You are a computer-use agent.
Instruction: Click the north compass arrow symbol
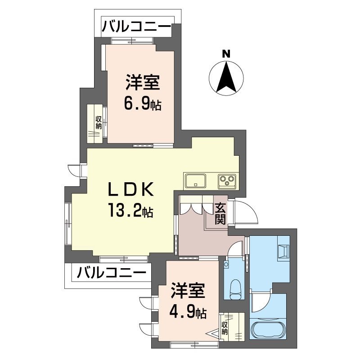click(x=226, y=77)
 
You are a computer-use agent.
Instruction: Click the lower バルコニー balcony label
click(x=111, y=272)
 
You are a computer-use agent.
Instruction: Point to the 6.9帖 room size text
click(x=143, y=105)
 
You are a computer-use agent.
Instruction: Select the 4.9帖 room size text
click(x=188, y=311)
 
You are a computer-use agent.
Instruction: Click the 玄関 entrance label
click(x=220, y=214)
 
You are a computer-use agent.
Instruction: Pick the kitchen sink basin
click(x=195, y=181)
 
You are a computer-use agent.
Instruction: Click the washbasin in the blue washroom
click(x=283, y=251)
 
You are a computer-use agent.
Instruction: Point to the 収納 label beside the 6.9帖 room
click(x=98, y=122)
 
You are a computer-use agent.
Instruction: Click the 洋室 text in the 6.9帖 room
click(x=143, y=83)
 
